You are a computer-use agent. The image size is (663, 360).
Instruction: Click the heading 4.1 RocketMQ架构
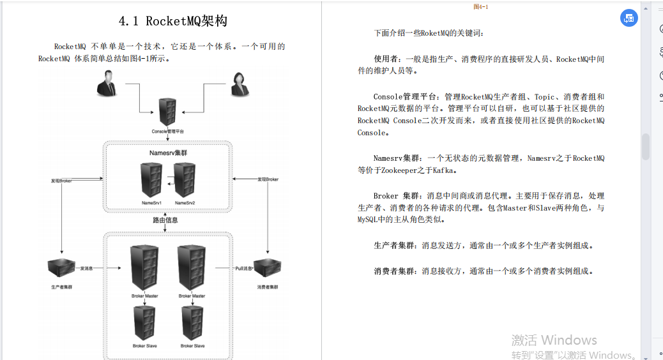(x=172, y=21)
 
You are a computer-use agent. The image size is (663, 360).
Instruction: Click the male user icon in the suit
(x=107, y=84)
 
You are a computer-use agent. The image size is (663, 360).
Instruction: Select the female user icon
(x=239, y=84)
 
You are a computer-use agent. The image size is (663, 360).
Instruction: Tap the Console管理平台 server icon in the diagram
(x=168, y=112)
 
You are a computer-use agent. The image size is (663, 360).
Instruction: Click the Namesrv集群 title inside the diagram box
(x=167, y=154)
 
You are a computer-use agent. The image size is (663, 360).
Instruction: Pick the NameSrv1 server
(x=151, y=180)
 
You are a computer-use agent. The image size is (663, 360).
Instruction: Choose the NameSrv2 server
(x=185, y=180)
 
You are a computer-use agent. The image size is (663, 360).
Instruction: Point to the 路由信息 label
(x=165, y=220)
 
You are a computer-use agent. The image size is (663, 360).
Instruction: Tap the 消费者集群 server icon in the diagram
(x=268, y=269)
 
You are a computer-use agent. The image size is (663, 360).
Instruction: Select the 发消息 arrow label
(x=87, y=269)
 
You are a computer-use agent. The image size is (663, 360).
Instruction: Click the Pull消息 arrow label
(x=245, y=269)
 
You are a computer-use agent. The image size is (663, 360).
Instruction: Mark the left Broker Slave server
(x=144, y=323)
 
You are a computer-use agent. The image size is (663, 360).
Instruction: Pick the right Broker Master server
(x=192, y=268)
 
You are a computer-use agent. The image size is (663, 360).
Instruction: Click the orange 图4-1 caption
(x=480, y=6)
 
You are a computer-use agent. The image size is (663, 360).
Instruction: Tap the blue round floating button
(x=629, y=18)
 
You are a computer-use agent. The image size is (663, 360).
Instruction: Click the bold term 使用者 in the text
(x=386, y=59)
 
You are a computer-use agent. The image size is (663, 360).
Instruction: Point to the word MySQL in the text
(x=369, y=220)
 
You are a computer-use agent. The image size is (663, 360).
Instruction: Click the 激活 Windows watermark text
(x=554, y=340)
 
